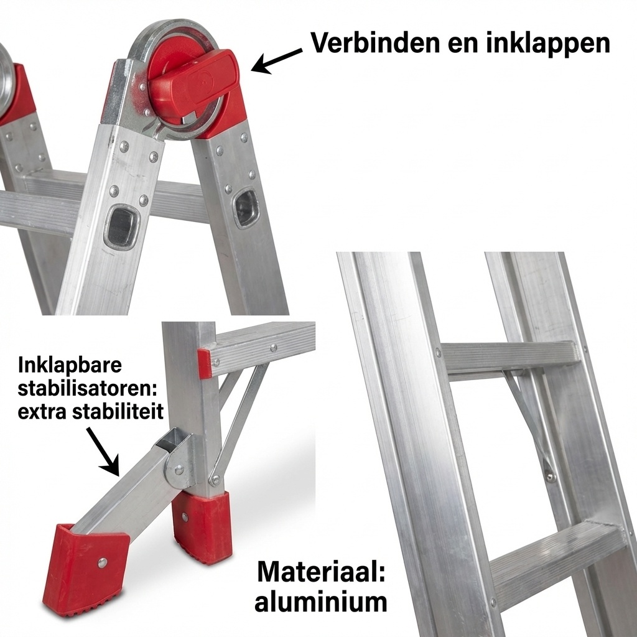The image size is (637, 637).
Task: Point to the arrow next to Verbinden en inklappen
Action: click(x=276, y=60)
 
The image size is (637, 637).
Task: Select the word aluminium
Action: click(x=321, y=602)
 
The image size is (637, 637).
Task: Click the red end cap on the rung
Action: click(x=204, y=363)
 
